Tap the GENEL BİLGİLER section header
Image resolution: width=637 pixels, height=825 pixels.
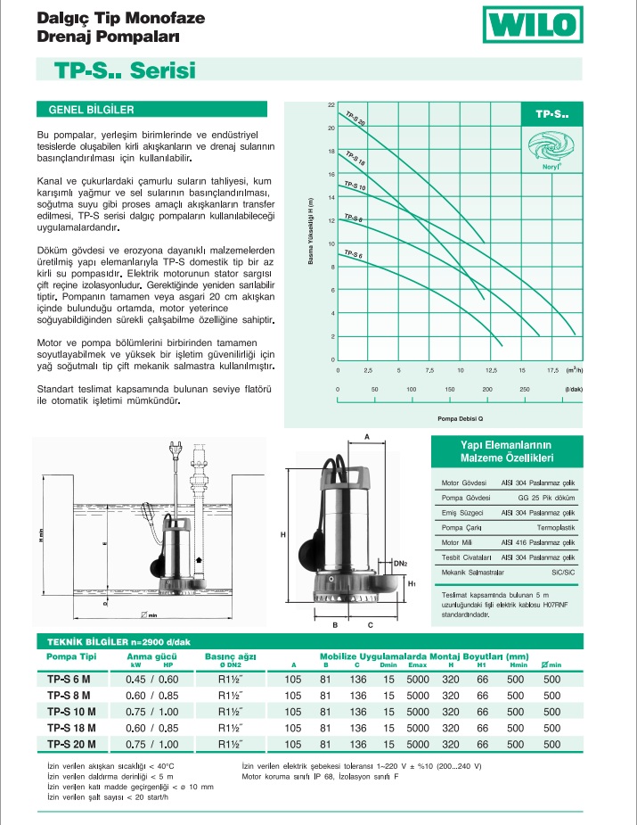click(x=86, y=110)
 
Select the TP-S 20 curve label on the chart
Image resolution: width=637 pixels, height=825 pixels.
click(x=355, y=118)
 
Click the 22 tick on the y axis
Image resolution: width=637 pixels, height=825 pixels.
click(x=331, y=105)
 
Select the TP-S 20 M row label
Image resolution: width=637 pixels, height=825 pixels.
click(x=71, y=743)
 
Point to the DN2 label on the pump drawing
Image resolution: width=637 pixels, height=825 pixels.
click(x=401, y=564)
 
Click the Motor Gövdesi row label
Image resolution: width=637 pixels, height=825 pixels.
click(x=462, y=483)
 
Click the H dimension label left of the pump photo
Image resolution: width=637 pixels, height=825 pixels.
click(x=282, y=534)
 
